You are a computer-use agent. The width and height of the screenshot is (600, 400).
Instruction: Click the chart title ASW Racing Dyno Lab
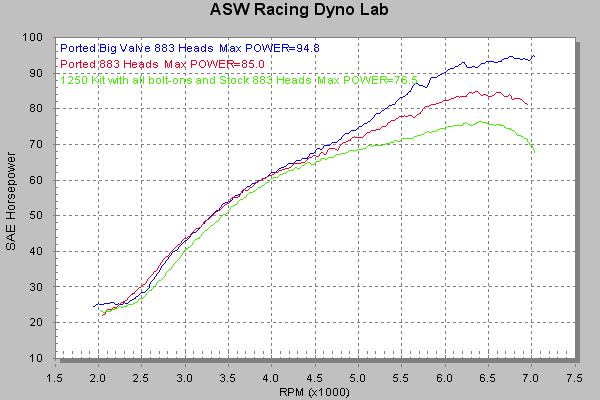click(x=299, y=12)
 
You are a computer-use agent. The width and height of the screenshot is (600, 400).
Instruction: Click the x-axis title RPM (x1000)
click(x=316, y=391)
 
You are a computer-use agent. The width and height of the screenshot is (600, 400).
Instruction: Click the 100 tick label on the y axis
click(x=43, y=38)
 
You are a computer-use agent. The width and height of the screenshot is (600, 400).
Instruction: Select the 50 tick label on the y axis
click(x=46, y=216)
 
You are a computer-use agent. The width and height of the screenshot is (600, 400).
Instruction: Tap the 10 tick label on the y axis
click(x=46, y=358)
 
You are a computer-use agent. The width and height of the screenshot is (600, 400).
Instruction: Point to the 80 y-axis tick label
click(x=46, y=109)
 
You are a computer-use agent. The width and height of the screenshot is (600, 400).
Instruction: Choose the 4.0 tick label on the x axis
click(x=271, y=377)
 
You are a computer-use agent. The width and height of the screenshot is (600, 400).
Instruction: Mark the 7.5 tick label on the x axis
click(x=574, y=377)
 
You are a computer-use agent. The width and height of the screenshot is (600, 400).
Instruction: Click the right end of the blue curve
click(x=534, y=57)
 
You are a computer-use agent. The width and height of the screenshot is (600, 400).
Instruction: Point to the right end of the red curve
click(x=527, y=103)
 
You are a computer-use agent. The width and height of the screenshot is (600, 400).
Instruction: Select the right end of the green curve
click(x=535, y=153)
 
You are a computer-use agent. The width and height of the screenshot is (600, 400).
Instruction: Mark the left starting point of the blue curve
click(x=93, y=306)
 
